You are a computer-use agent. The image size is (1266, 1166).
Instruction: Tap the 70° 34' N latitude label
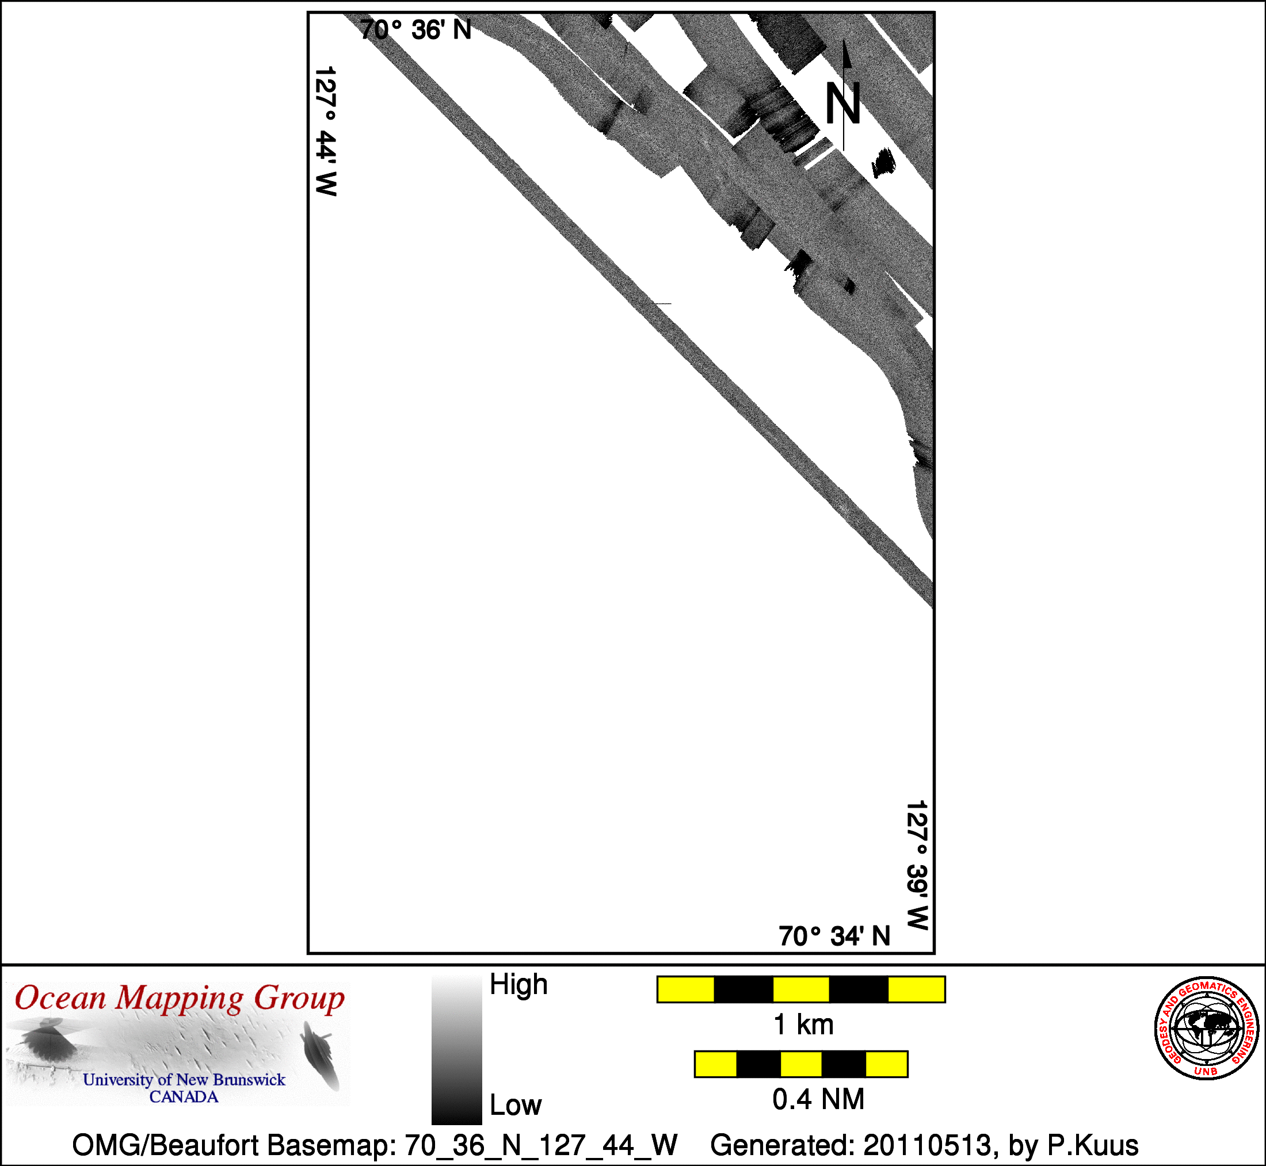pyautogui.click(x=834, y=936)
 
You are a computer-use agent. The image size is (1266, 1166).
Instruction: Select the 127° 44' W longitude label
pyautogui.click(x=326, y=131)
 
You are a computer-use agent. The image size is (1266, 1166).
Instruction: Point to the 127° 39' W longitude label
pyautogui.click(x=917, y=865)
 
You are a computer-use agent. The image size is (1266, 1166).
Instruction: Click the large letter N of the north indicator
pyautogui.click(x=843, y=104)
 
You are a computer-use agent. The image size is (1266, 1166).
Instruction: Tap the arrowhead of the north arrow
pyautogui.click(x=847, y=54)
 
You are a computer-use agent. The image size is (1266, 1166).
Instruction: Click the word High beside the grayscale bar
pyautogui.click(x=518, y=985)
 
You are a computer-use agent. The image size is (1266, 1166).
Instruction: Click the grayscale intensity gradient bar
pyautogui.click(x=457, y=1049)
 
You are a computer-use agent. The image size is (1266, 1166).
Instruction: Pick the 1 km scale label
pyautogui.click(x=803, y=1024)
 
